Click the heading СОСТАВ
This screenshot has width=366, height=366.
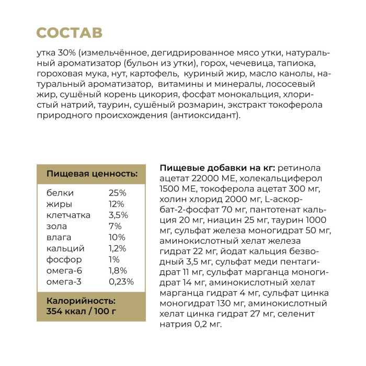[69, 33]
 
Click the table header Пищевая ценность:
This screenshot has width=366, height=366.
[92, 174]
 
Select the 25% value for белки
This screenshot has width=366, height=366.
[117, 193]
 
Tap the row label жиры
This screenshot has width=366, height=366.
[60, 204]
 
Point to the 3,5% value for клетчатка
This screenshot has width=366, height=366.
[118, 215]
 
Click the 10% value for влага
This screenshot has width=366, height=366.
[117, 237]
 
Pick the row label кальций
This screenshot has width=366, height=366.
[65, 248]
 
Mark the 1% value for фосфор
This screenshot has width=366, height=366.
[115, 259]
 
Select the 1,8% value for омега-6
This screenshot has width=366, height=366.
[118, 270]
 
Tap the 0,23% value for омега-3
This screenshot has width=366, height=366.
[121, 281]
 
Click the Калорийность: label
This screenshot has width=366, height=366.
[81, 301]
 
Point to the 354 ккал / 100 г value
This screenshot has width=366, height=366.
[81, 312]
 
